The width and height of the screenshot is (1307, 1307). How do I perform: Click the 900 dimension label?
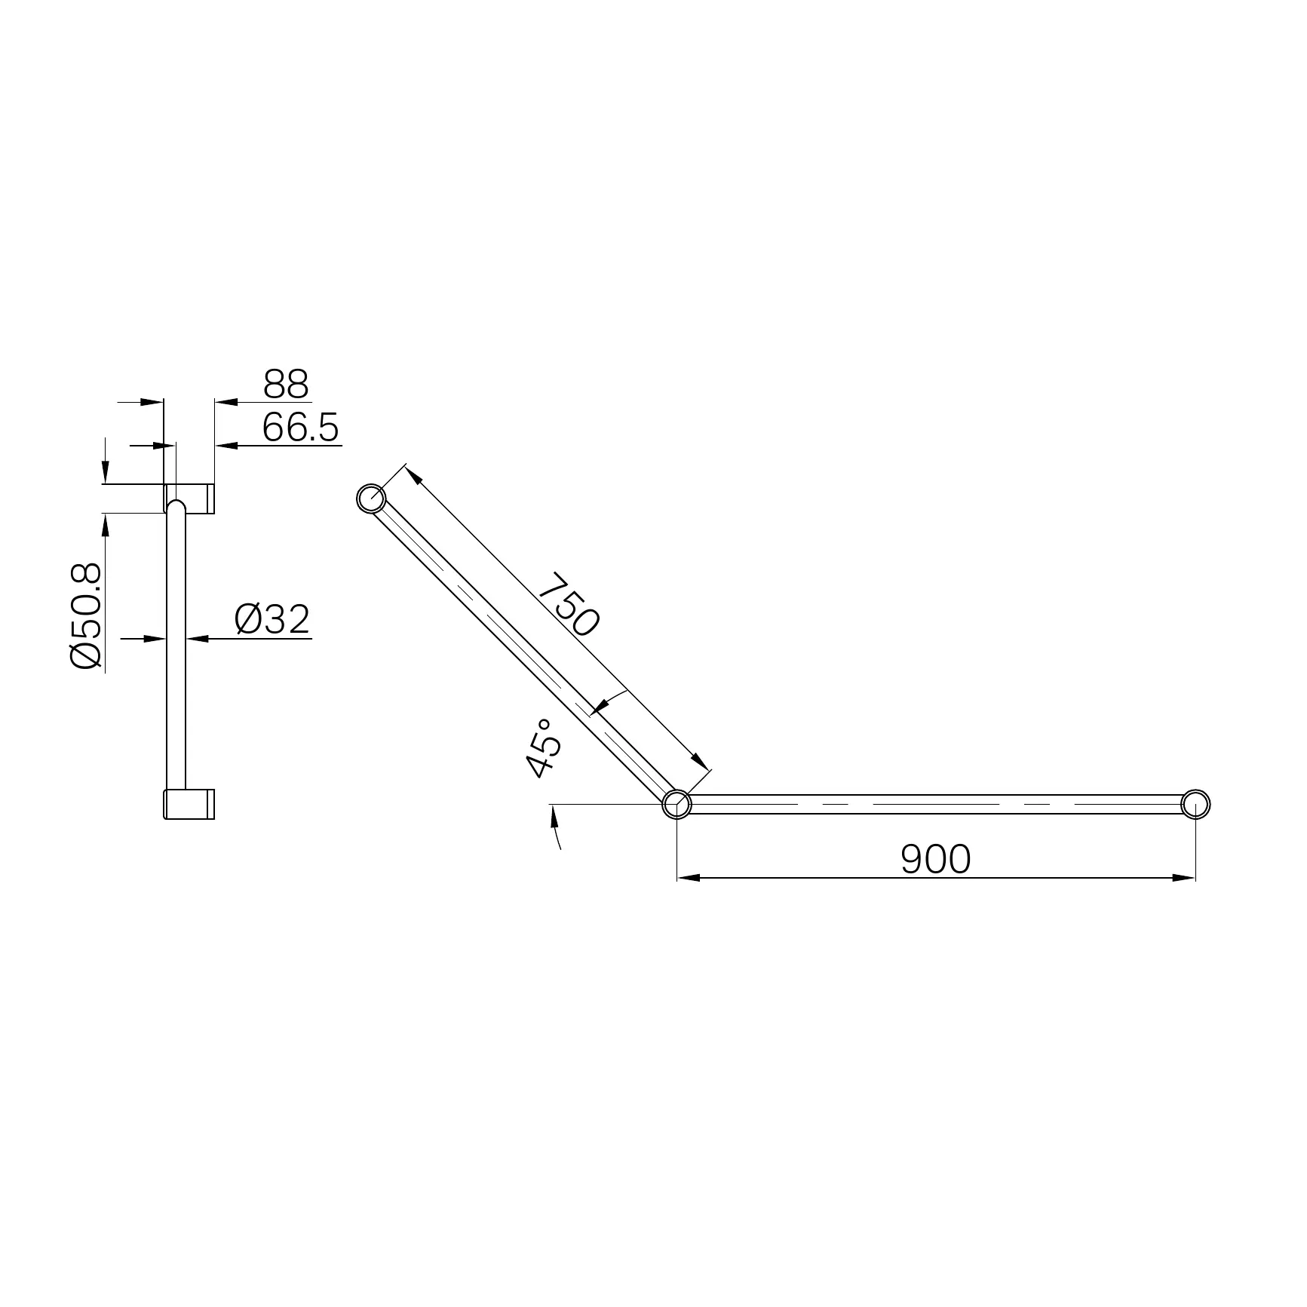click(x=936, y=859)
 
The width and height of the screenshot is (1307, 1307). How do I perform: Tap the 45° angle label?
click(x=545, y=747)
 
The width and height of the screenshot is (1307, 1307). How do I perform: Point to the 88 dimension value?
click(x=286, y=385)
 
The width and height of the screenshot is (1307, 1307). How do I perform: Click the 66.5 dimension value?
click(x=300, y=428)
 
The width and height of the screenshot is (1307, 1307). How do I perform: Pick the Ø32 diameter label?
click(x=272, y=619)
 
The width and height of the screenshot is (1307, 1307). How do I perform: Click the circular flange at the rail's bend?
click(x=677, y=804)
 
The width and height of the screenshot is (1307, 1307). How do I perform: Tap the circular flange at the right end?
click(x=1195, y=804)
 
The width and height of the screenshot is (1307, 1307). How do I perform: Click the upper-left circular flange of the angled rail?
click(x=371, y=499)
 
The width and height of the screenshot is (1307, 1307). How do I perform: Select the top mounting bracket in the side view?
click(x=190, y=498)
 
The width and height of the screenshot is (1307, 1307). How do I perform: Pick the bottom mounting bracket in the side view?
click(x=190, y=804)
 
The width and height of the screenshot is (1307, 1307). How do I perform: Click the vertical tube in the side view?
click(x=176, y=649)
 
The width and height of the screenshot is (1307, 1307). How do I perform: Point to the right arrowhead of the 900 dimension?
click(x=1185, y=877)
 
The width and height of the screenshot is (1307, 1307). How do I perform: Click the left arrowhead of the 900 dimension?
click(x=688, y=877)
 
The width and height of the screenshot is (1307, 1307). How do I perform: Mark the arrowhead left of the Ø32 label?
click(x=198, y=639)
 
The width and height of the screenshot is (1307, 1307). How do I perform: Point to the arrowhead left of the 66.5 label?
click(x=226, y=446)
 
